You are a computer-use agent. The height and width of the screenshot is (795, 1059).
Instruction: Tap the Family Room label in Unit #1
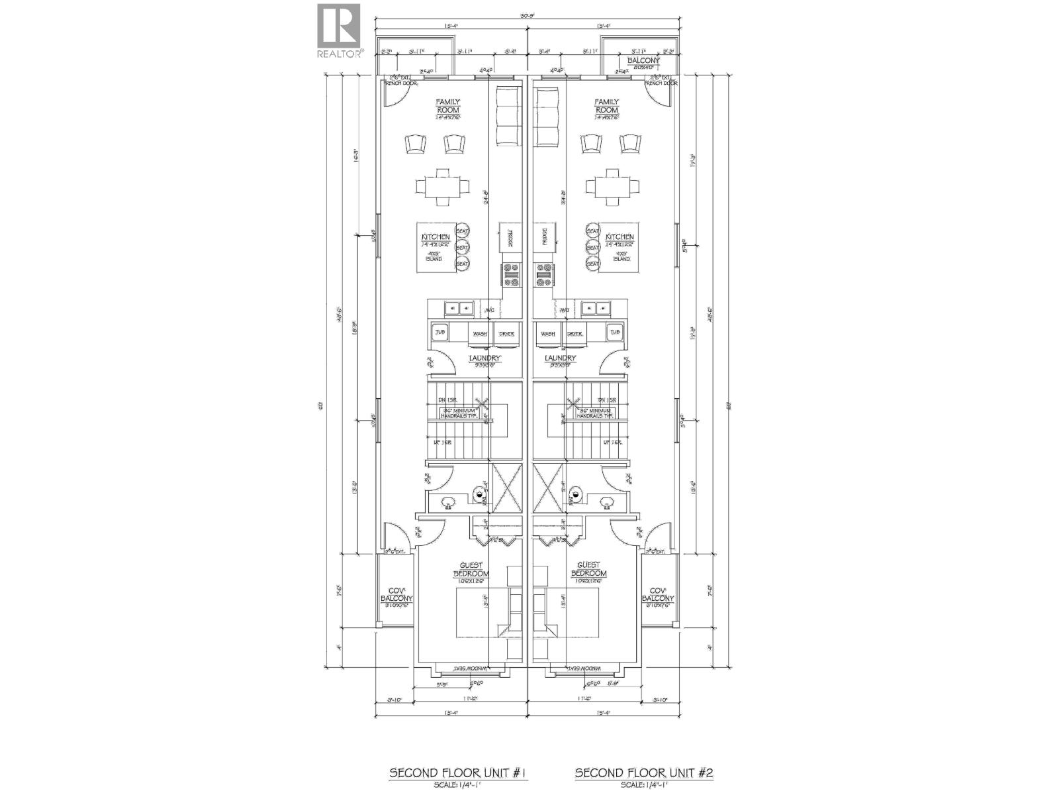coord(447,106)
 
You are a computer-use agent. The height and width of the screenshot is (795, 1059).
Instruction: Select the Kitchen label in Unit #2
coord(620,237)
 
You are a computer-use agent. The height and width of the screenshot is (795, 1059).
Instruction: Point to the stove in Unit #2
coord(544,274)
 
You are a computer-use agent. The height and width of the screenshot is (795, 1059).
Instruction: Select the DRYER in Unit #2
coord(575,333)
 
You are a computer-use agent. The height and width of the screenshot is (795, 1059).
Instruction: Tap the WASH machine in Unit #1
coord(480,333)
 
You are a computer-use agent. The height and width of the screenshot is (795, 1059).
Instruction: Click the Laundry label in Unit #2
coord(560,358)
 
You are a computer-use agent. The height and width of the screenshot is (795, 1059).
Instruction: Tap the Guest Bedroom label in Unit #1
coord(471,569)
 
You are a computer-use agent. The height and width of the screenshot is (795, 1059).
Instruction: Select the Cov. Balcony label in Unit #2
coord(657,594)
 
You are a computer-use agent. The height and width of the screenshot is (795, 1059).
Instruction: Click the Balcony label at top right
coord(639,60)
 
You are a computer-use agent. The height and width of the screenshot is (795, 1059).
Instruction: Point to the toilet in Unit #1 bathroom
coord(480,492)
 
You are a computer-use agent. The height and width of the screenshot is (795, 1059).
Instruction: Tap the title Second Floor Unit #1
coord(457,773)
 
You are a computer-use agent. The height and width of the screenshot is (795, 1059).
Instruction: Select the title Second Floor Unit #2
coord(643,773)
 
